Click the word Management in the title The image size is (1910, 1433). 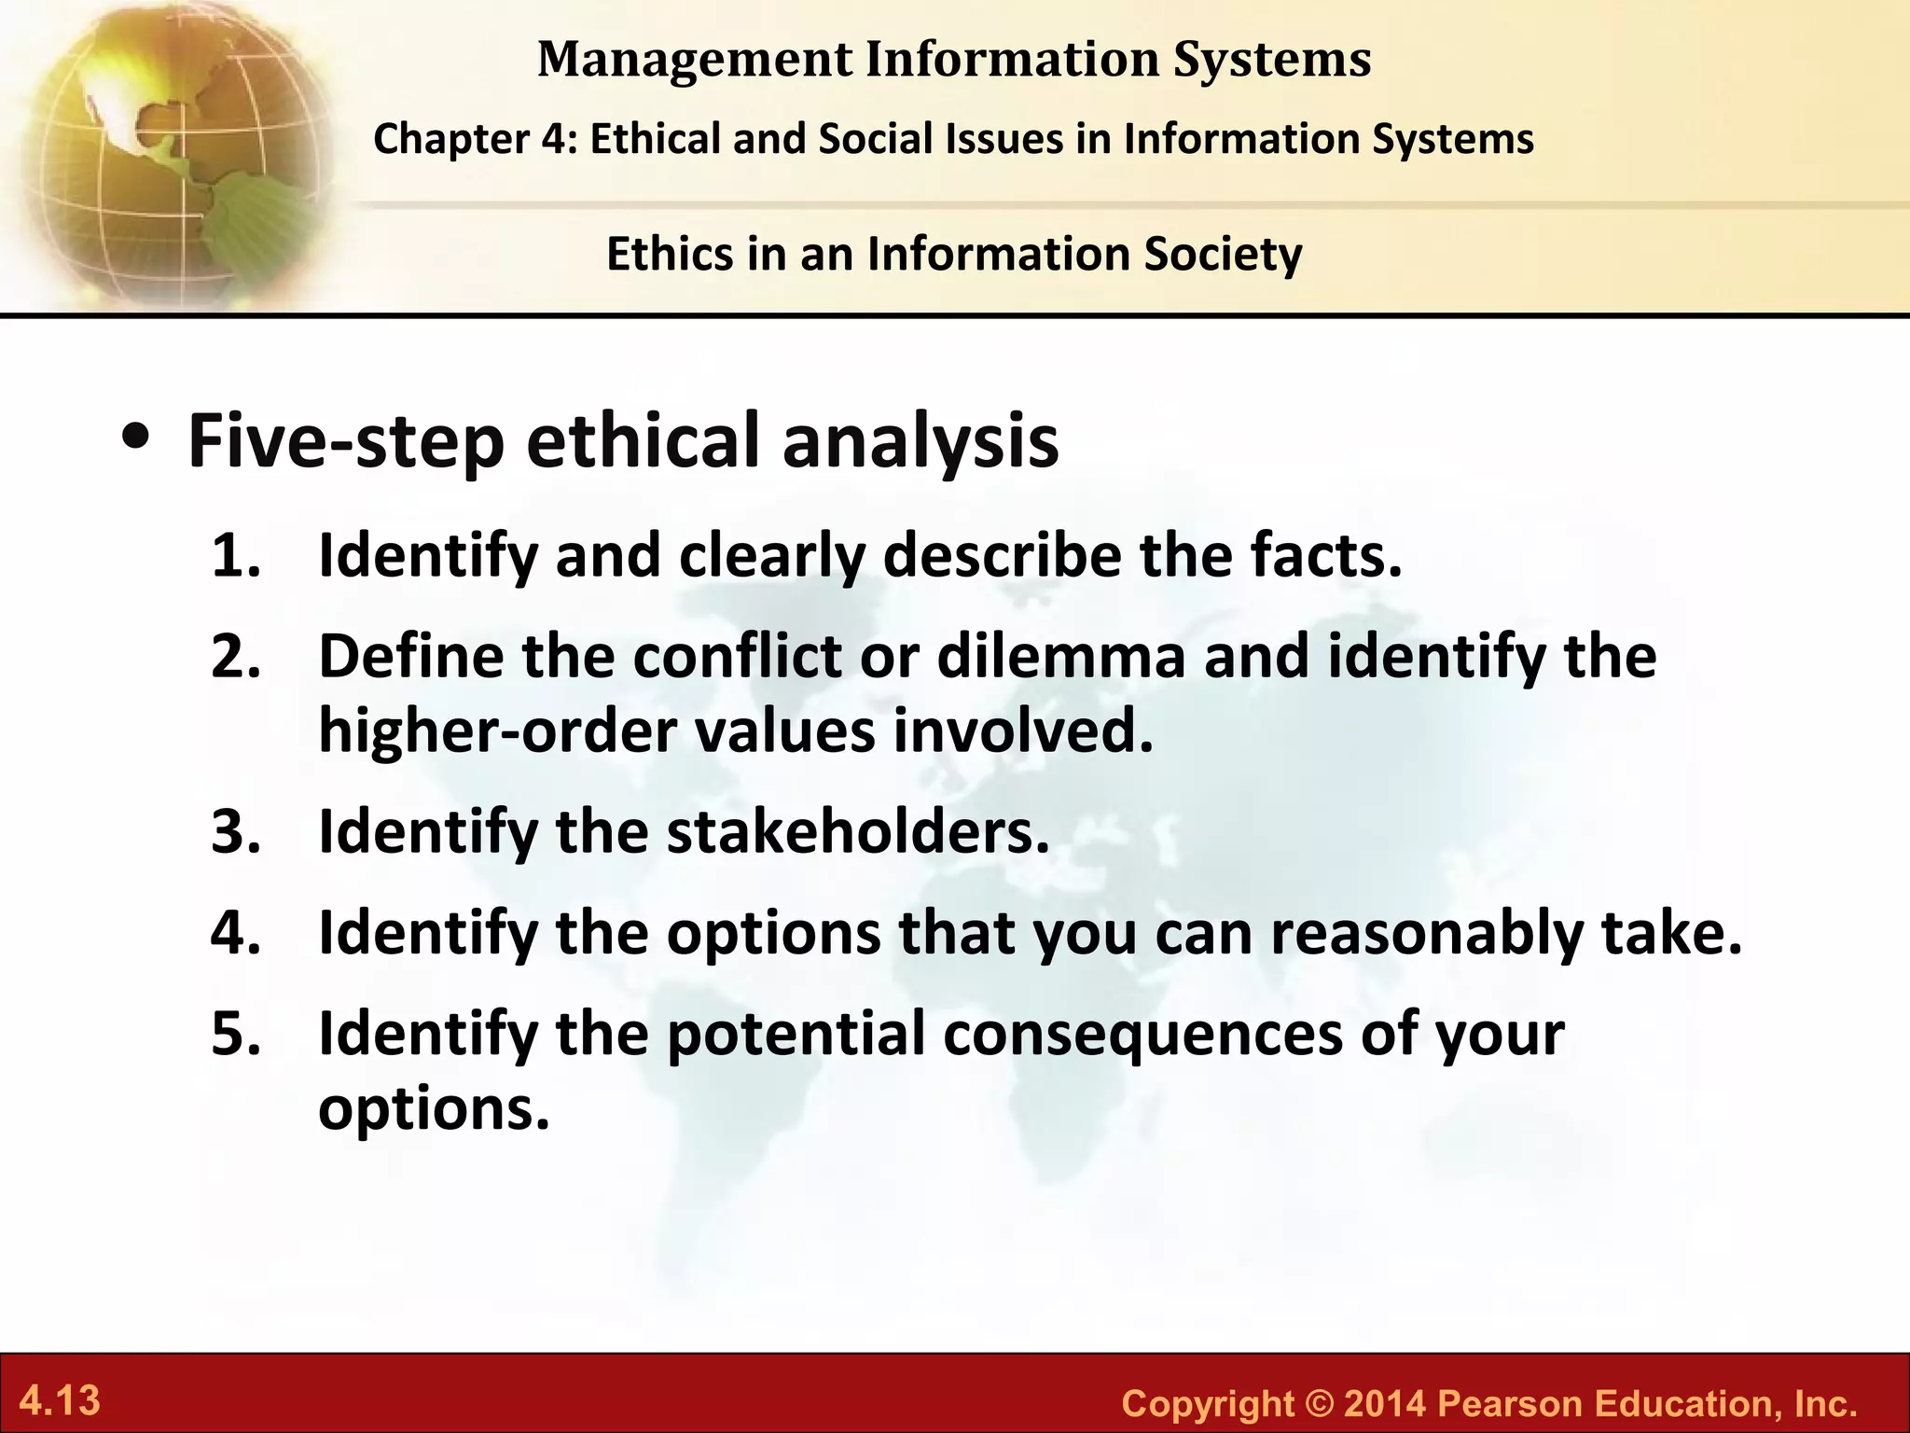(694, 59)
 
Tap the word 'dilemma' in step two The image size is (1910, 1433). (1061, 656)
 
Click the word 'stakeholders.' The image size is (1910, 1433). (857, 831)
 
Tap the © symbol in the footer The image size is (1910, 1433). (1320, 1403)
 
